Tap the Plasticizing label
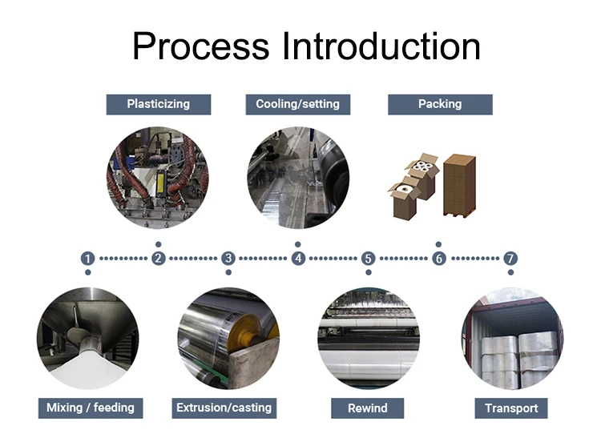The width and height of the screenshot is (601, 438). point(159,104)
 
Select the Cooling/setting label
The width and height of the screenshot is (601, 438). point(297,104)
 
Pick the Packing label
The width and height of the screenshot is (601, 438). point(440,104)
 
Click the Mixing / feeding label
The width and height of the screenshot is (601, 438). point(90,408)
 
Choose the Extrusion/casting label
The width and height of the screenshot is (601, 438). point(224,408)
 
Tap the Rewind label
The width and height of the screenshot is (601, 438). point(368,408)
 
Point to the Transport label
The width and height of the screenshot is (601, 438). point(511,408)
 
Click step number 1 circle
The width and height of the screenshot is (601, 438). point(88,259)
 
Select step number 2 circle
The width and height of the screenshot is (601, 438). point(159,259)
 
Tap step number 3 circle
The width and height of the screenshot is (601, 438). point(228,259)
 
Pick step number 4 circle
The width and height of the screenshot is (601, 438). point(298,259)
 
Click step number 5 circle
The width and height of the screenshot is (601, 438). point(368,259)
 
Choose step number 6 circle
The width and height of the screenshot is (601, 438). point(438,259)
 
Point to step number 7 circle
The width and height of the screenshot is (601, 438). point(510,259)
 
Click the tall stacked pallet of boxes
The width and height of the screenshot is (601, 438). point(459,185)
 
